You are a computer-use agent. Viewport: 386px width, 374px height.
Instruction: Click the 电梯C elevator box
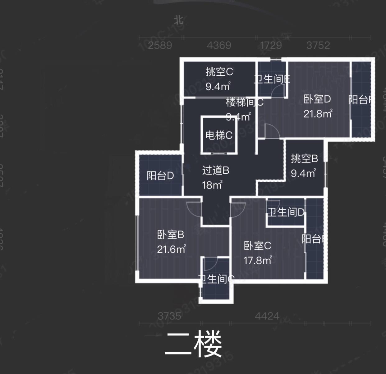coord(219,135)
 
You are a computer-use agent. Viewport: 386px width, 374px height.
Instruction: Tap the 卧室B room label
coord(170,234)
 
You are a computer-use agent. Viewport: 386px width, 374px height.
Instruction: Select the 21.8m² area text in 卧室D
coord(318,114)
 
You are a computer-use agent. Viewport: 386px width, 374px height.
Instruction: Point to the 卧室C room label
coord(257,246)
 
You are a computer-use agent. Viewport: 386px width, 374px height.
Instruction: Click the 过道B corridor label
coord(216,170)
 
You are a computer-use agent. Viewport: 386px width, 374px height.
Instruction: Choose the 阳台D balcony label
coord(160,176)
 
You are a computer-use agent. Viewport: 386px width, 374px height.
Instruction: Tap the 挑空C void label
coord(219,72)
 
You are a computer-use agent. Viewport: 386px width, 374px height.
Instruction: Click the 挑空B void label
coord(304,159)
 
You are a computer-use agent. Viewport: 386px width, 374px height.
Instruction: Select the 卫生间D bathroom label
coord(286,212)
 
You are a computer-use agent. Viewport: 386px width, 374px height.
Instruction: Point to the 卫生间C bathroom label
coord(216,279)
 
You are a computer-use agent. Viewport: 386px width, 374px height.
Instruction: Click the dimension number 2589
coord(160,46)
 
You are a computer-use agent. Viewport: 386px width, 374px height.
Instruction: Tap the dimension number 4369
coord(219,46)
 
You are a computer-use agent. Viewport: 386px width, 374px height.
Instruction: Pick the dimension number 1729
coord(271,46)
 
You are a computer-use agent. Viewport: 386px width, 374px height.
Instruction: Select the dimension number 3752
coord(318,46)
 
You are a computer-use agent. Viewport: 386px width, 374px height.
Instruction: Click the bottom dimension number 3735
coord(169,316)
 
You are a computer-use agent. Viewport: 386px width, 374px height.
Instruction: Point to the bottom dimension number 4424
coord(267,316)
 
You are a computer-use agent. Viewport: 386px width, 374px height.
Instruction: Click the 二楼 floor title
coord(193,344)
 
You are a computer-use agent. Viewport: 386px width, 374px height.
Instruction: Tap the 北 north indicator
coord(178,20)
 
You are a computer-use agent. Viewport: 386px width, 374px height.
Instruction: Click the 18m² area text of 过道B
coord(212,185)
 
